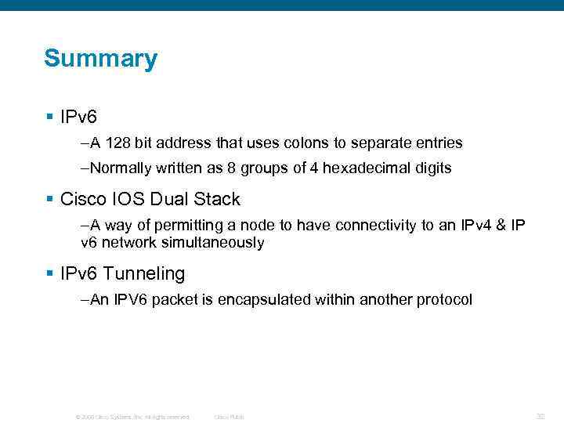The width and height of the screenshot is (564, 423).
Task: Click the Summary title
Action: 100,59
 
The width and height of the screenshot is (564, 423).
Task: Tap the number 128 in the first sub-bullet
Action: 117,143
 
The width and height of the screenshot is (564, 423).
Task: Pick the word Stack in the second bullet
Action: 218,199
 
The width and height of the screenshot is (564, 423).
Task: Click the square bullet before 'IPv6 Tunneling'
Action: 50,274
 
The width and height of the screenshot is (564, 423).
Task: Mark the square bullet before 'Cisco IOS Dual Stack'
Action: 50,199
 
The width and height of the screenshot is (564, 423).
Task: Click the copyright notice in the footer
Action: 132,417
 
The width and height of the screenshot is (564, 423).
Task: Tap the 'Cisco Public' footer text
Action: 229,417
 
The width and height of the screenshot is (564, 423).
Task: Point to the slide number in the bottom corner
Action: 540,416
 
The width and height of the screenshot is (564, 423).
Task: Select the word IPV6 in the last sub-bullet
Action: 130,300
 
